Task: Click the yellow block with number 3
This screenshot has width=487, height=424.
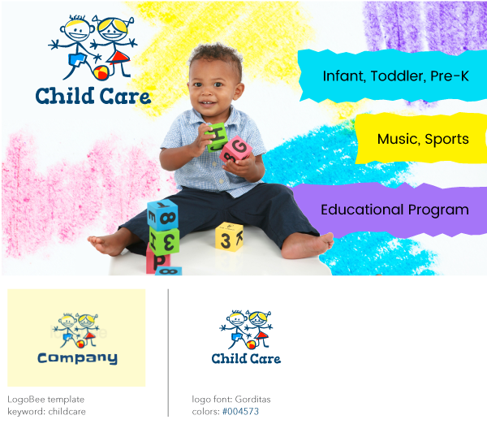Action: [229, 236]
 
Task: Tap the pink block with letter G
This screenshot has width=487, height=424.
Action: [236, 149]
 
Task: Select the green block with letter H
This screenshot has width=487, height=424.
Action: [217, 137]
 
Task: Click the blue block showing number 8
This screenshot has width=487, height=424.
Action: [163, 215]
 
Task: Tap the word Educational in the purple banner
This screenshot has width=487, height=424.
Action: [362, 210]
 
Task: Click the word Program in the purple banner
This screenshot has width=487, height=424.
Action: [438, 210]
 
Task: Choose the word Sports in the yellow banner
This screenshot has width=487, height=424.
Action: [446, 140]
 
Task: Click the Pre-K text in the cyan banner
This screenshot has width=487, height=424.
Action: [450, 76]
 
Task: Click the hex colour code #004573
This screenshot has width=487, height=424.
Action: [241, 412]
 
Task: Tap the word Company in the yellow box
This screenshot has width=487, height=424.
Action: [77, 358]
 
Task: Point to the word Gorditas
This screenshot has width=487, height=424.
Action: [252, 400]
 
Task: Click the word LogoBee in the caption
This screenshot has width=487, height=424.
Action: [27, 400]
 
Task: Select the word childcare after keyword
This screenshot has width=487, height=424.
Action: [67, 412]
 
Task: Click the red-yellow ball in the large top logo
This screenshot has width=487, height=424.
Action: [101, 72]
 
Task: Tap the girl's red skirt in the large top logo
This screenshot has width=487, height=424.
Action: [120, 58]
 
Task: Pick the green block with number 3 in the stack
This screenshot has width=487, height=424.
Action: [164, 240]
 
